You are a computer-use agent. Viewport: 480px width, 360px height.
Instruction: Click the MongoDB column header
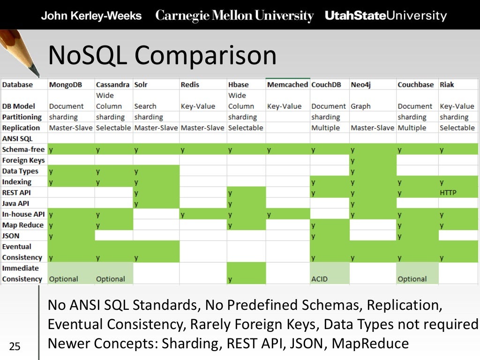(x=66, y=85)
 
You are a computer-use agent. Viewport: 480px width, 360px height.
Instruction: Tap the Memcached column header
(x=287, y=85)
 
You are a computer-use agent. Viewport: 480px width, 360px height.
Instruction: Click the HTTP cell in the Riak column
(x=448, y=193)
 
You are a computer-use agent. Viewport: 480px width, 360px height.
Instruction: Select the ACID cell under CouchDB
(x=320, y=279)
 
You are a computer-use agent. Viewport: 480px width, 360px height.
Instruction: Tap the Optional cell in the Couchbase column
(x=412, y=279)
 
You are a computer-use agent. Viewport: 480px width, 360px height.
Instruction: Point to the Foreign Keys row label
(x=23, y=160)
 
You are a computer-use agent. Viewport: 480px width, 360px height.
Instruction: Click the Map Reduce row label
(x=23, y=225)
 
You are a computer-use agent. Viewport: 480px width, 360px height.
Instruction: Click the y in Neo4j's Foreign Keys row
(x=352, y=160)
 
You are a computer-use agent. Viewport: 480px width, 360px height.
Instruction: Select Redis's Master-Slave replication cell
(x=202, y=128)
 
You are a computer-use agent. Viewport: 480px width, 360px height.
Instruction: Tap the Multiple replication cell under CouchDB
(x=326, y=128)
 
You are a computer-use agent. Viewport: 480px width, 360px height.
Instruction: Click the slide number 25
(x=15, y=347)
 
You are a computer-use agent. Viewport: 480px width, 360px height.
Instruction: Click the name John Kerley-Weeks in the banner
(x=91, y=16)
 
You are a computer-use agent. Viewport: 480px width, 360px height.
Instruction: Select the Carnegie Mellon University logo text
(x=234, y=16)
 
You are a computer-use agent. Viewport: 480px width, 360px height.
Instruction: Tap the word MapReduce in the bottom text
(x=370, y=344)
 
